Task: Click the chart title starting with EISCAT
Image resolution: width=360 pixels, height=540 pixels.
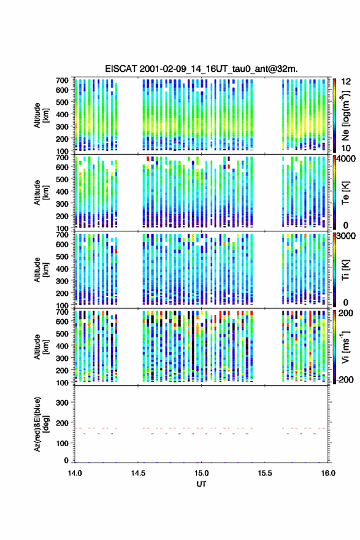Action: point(201,69)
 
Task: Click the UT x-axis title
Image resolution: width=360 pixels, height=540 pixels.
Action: point(201,484)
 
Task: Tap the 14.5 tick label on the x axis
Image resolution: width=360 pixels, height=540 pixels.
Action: point(138,473)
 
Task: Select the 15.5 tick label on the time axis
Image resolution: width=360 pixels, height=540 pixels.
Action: point(265,473)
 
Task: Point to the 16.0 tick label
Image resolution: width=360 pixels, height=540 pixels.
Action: point(328,473)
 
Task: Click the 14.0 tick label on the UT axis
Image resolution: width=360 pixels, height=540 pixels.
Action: point(75,473)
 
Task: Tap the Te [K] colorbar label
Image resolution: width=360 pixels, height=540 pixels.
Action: point(345,193)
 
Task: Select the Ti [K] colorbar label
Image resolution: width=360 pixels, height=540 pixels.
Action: point(345,270)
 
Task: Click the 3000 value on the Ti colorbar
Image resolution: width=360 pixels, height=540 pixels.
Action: point(346,236)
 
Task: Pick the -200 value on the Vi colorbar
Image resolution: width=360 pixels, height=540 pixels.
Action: point(345,379)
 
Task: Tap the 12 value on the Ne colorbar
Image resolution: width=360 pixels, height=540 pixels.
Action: point(346,82)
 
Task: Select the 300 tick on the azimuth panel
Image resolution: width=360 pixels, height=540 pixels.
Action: point(62,403)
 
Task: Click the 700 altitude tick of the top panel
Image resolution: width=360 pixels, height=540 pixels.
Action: point(62,80)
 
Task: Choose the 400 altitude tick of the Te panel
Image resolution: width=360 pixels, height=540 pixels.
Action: point(62,191)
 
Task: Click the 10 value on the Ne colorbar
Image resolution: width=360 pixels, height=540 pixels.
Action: point(346,148)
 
